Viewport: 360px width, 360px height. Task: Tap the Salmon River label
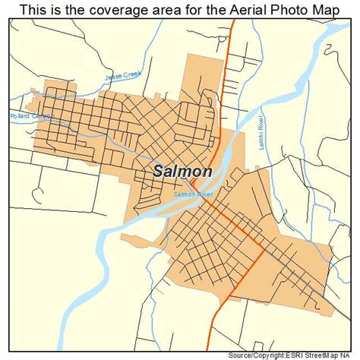[x=191, y=194]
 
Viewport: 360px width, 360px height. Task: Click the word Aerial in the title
[x=246, y=9]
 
